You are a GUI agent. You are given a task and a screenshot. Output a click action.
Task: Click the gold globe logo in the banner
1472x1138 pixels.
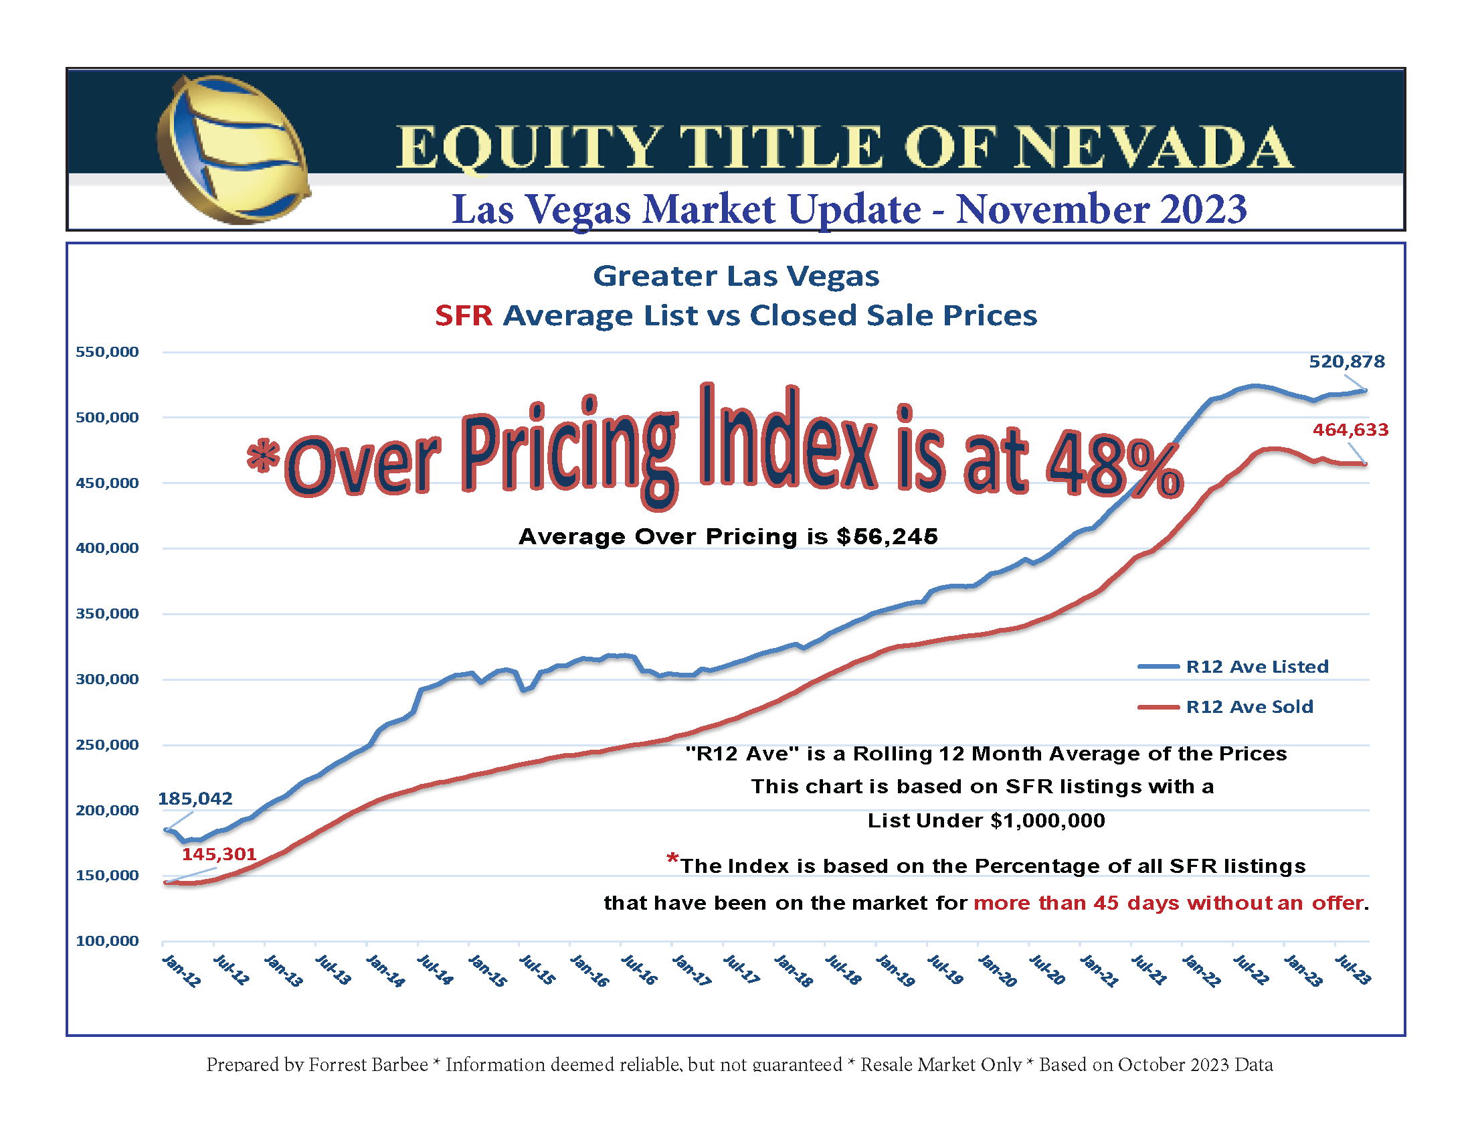coord(234,150)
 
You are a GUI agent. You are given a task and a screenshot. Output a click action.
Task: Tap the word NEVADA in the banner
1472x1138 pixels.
coord(1153,148)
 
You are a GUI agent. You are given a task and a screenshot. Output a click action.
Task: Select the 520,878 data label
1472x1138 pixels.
coord(1346,362)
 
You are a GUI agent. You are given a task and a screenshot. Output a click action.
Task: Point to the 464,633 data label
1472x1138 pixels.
coord(1350,430)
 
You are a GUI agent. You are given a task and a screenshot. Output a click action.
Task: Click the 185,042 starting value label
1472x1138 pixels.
coord(195,799)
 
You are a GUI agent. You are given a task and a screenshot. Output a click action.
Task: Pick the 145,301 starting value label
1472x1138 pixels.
coord(219,854)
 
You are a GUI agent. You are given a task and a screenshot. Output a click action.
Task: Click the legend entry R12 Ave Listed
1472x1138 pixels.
coord(1257,667)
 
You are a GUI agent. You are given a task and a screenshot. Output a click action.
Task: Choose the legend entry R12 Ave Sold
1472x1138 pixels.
coord(1249,706)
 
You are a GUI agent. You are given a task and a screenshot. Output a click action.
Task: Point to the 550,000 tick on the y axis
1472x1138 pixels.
coord(107,352)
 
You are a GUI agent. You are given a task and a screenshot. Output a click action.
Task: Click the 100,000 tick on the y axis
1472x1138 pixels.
coord(107,941)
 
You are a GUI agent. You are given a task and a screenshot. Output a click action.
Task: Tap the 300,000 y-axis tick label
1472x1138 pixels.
coord(107,679)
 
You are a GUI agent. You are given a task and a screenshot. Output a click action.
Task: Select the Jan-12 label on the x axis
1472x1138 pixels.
coord(181,971)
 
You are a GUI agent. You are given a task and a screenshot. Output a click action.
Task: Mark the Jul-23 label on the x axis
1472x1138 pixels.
coord(1352,970)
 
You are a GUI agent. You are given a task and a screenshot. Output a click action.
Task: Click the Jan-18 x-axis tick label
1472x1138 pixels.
coord(793,971)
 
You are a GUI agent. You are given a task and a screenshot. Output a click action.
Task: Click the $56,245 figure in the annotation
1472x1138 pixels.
coord(887,537)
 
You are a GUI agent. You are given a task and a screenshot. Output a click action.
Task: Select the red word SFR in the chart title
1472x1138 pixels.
coord(464,315)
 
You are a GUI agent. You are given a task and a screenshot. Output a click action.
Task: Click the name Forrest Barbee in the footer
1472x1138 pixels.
coord(368,1064)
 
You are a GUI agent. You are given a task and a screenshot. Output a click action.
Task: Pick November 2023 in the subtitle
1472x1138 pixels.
coord(1101,209)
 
